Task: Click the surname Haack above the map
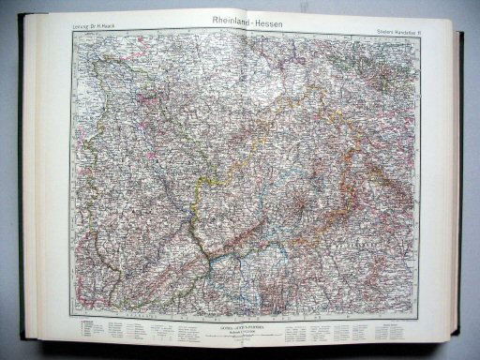117,26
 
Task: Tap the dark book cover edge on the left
22,178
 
